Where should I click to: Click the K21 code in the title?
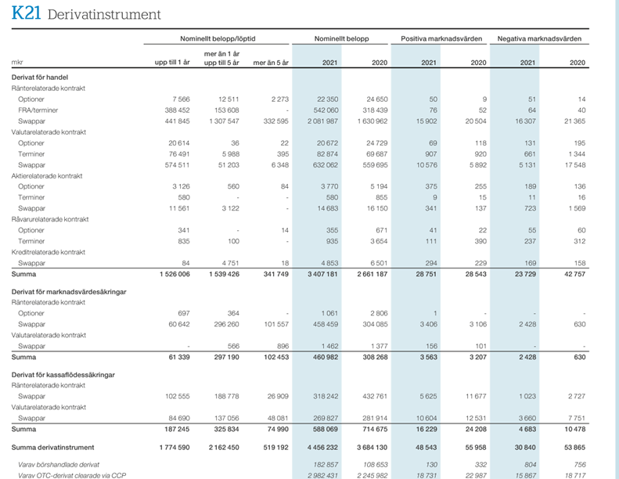(x=26, y=13)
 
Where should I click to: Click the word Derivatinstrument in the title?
(x=104, y=15)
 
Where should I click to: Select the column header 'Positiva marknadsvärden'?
(x=441, y=38)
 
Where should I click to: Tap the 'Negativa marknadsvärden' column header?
(x=539, y=38)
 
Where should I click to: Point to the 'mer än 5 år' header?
(x=271, y=63)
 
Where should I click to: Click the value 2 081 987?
(x=323, y=121)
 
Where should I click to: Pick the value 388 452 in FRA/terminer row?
(x=178, y=110)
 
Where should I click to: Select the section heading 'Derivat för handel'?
(x=40, y=77)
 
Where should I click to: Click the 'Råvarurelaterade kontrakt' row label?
(x=50, y=219)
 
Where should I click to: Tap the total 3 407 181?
(x=323, y=274)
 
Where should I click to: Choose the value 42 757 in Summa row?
(x=574, y=274)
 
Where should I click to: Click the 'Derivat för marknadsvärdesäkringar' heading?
(x=69, y=292)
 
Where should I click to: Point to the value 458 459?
(x=326, y=324)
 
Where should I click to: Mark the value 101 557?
(x=276, y=324)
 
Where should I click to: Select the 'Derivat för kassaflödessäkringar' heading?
(x=63, y=375)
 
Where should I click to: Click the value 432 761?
(x=375, y=396)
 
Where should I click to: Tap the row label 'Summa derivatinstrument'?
(x=53, y=448)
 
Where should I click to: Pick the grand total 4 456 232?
(x=323, y=448)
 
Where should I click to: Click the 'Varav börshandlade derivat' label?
(x=59, y=465)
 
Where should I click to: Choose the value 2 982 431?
(x=323, y=475)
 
